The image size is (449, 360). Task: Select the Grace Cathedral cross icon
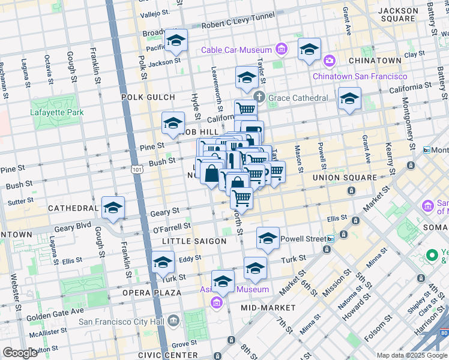pyautogui.click(x=259, y=97)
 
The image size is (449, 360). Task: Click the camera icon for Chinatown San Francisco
pyautogui.click(x=329, y=61)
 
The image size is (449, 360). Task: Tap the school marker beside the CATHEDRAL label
pyautogui.click(x=113, y=208)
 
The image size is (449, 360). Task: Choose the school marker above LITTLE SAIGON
pyautogui.click(x=268, y=239)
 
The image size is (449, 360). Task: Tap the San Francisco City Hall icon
pyautogui.click(x=174, y=320)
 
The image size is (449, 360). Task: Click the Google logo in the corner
pyautogui.click(x=20, y=353)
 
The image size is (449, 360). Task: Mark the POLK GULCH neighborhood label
pyautogui.click(x=148, y=97)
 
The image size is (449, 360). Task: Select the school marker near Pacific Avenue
pyautogui.click(x=176, y=41)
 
